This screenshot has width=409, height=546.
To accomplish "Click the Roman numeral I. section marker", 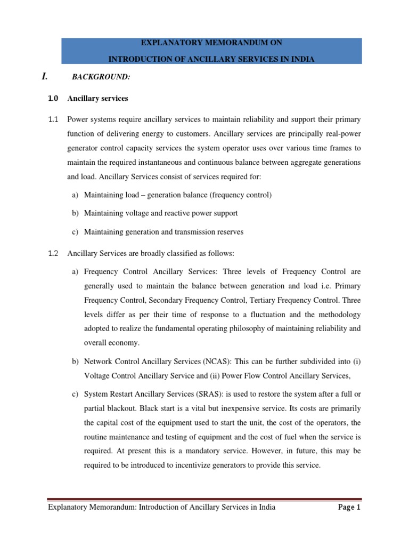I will coord(45,76).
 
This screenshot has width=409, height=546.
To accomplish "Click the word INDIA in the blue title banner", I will coord(302,59).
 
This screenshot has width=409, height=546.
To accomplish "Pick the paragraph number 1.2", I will coord(53,253).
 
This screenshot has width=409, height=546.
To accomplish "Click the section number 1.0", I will coord(53,99).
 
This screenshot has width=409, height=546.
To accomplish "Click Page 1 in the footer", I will coord(349,507).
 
